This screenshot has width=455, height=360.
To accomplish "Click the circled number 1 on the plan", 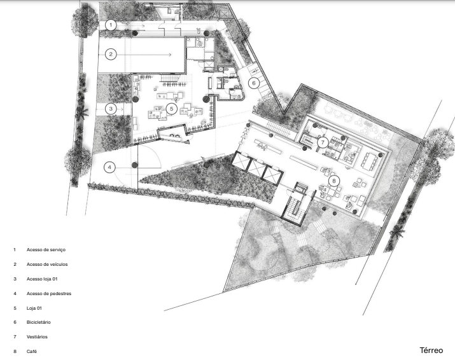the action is (111, 25).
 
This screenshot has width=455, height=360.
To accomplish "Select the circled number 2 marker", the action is (111, 54).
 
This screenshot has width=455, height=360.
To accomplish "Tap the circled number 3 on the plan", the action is (111, 109).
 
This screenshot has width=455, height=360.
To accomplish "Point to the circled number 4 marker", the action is (109, 167).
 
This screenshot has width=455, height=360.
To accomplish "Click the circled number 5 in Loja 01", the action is (172, 109).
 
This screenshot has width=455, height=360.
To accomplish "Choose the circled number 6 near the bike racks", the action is (254, 83).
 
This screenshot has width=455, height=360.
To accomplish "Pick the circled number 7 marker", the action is (323, 142).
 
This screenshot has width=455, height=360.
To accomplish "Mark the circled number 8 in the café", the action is (334, 181).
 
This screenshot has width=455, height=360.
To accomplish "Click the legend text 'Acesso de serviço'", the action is (46, 250).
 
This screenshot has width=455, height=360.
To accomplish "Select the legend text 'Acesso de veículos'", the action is (47, 264).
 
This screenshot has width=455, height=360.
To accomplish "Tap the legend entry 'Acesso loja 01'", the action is (42, 279).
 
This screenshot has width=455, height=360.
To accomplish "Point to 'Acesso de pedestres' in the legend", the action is (49, 294).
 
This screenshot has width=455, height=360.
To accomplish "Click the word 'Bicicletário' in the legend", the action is (38, 322).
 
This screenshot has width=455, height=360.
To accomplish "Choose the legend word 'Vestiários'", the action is (37, 337).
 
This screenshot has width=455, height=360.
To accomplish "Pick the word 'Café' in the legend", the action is (32, 352).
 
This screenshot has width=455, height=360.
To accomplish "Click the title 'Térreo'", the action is (431, 350).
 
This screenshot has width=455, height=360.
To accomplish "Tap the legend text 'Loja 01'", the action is (34, 308).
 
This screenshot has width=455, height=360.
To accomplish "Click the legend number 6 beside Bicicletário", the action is (15, 322).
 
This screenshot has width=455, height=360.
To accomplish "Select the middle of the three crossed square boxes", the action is (256, 168).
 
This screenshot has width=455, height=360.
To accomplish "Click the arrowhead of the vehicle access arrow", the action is (170, 55).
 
